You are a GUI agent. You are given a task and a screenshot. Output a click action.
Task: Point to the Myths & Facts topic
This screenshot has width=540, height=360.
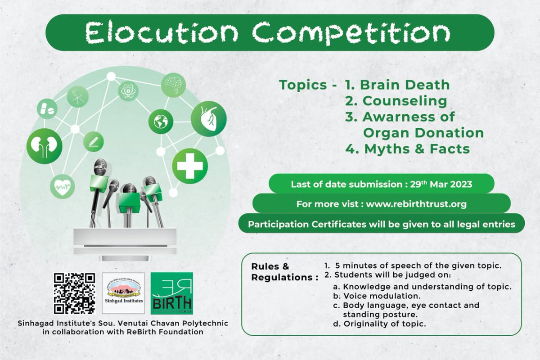pos(407,148)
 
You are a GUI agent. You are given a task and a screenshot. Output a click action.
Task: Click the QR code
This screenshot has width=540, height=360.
pos(74,293)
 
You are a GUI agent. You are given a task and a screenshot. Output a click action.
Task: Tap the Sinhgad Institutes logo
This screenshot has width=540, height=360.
pos(123,293)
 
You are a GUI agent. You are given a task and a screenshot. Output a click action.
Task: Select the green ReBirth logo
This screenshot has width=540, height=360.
pos(171,293)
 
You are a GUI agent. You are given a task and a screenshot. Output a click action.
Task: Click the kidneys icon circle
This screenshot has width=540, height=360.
pos(44,145)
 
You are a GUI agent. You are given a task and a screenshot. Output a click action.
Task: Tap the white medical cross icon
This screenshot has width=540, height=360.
pos(190,166)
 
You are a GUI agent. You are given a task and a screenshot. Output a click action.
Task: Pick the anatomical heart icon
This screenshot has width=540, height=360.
pos(208,119)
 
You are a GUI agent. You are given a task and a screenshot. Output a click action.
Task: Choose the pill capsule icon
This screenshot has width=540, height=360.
pos(47,108)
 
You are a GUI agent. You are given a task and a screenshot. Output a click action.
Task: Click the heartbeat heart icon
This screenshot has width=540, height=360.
pos(62,185)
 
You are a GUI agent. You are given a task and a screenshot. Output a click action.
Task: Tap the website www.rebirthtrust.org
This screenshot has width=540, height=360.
pos(416,204)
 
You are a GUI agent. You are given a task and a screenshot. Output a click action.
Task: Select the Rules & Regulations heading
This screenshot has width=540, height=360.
pos(281,272)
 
